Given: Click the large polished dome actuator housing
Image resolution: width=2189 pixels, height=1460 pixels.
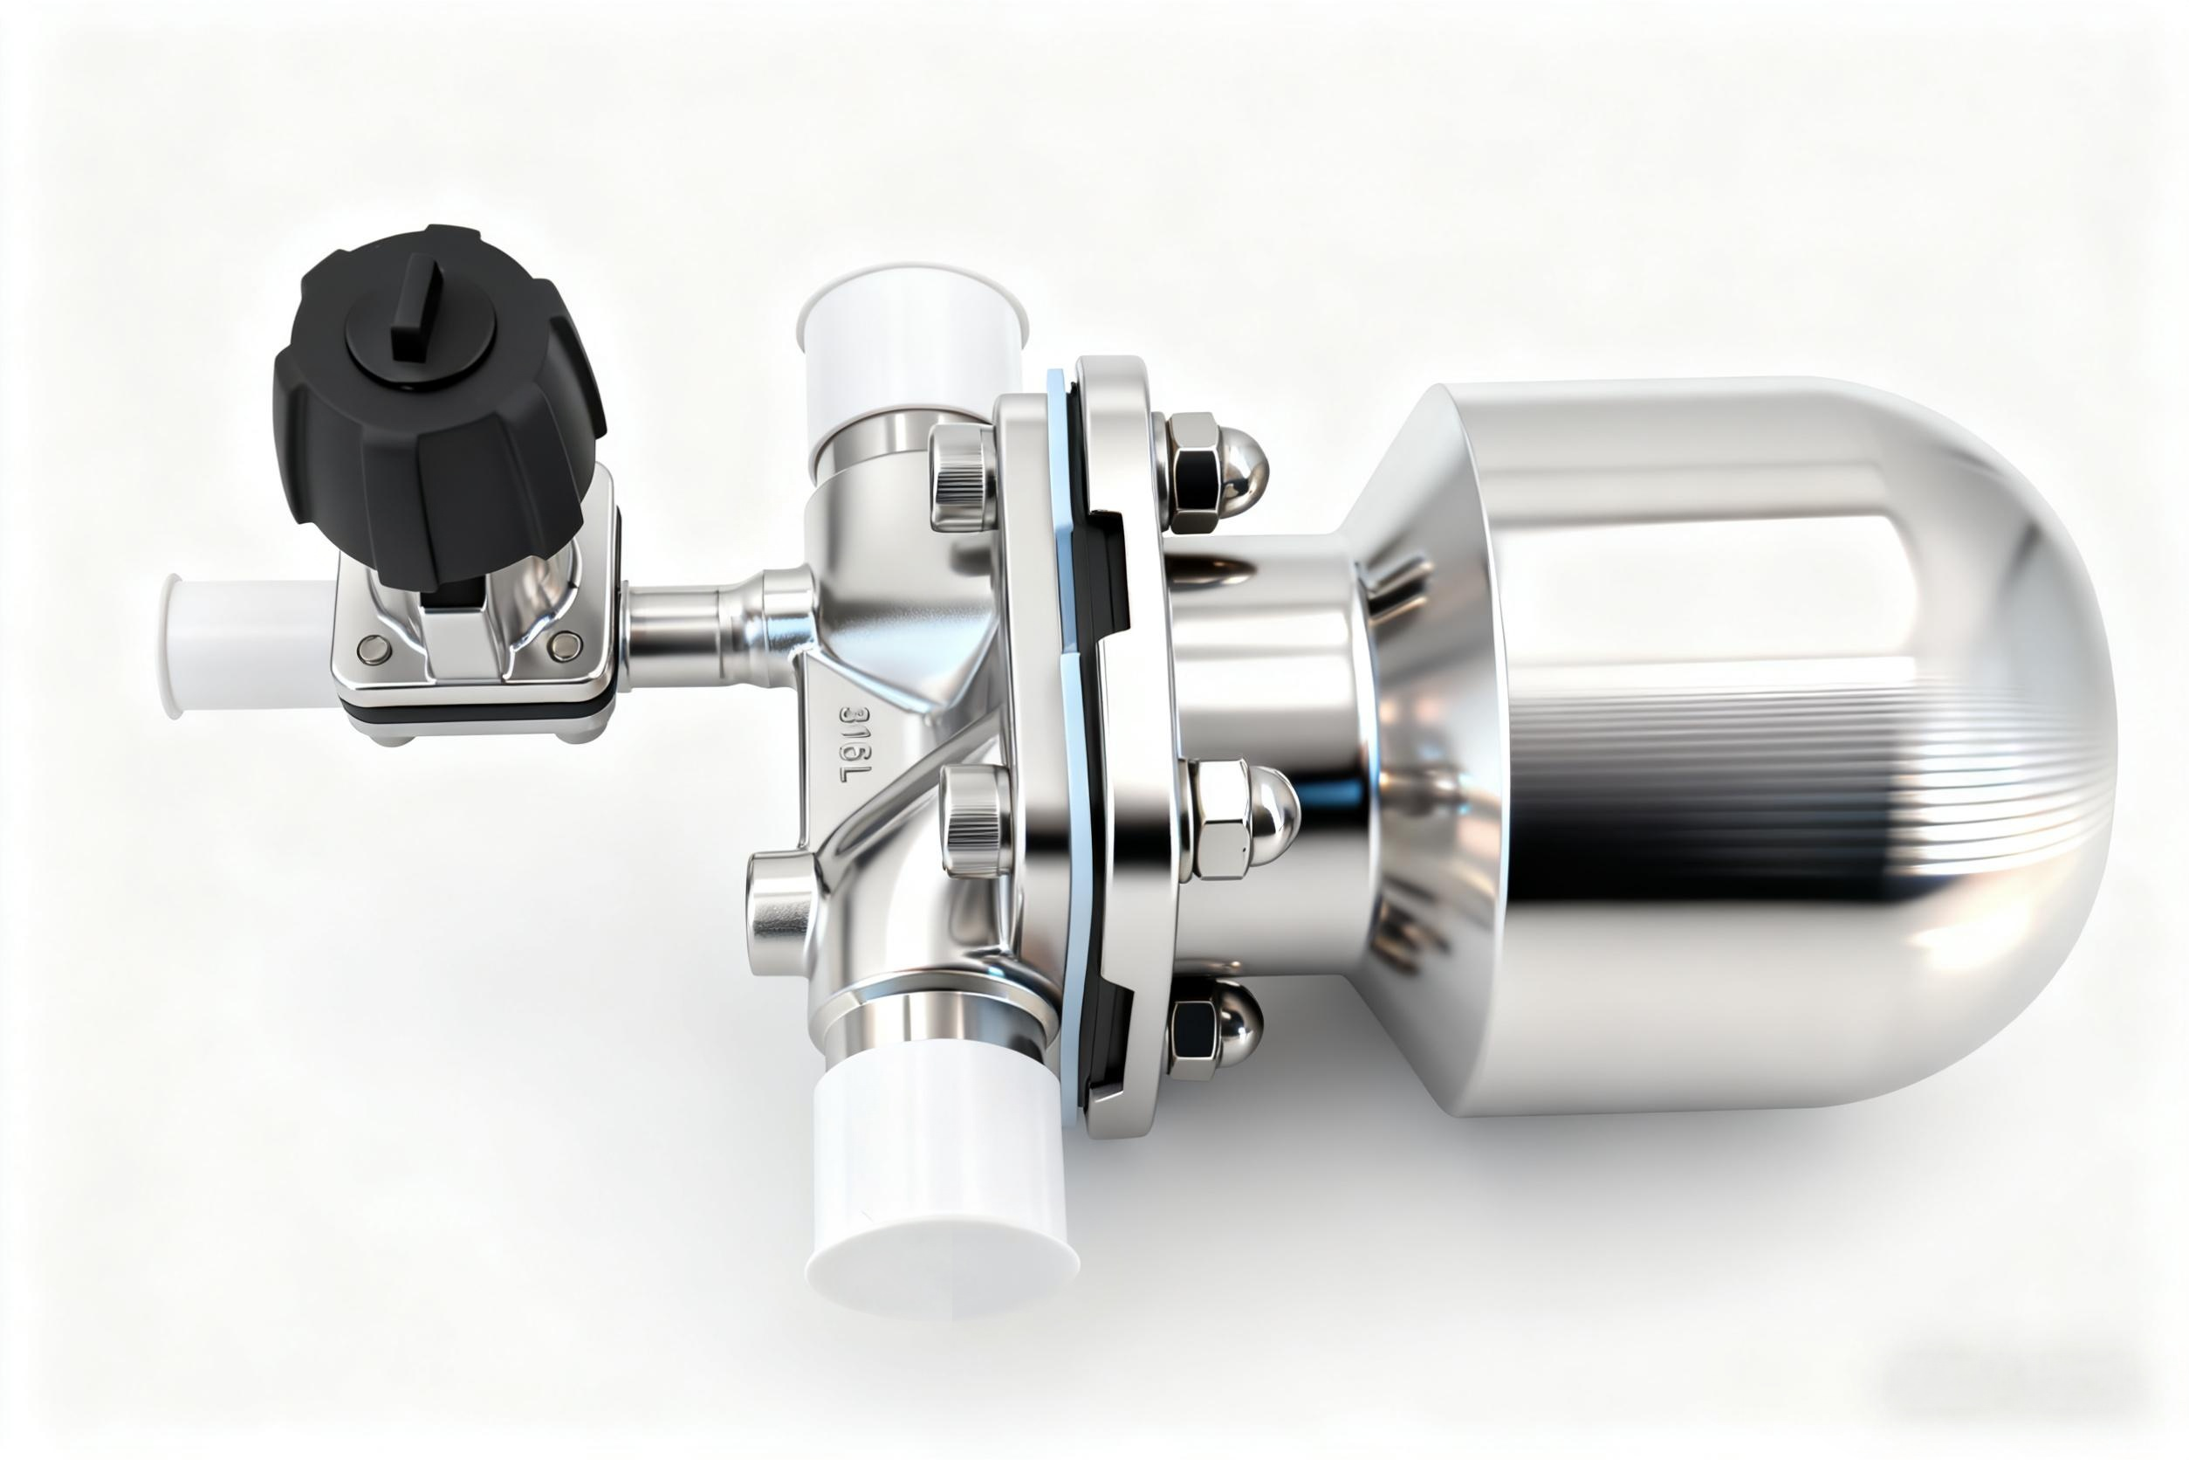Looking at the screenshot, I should (x=1768, y=745).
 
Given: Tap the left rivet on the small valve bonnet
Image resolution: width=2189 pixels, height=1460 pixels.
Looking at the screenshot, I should (x=374, y=648).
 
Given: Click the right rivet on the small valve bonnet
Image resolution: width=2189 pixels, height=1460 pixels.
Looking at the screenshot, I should (x=564, y=643).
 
